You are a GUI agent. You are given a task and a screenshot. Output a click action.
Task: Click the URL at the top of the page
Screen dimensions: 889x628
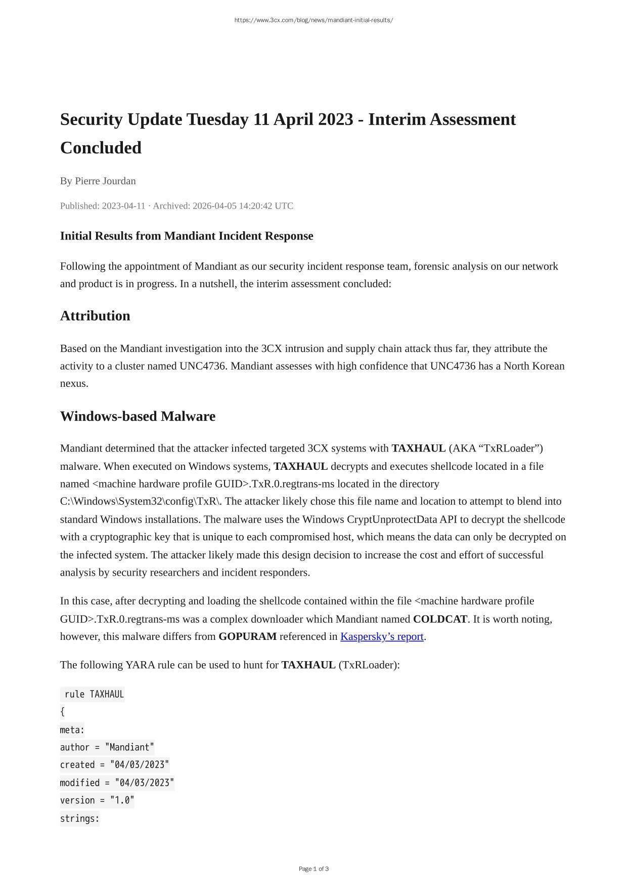313,20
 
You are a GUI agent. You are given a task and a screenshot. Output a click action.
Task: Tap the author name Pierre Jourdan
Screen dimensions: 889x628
105,181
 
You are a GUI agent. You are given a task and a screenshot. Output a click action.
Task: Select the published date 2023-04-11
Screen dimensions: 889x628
123,206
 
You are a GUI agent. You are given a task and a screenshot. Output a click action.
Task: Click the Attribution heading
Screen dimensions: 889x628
95,316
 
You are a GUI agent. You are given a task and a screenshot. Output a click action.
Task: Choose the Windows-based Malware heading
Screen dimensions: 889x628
138,416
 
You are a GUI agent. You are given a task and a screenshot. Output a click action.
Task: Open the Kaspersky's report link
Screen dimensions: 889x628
382,636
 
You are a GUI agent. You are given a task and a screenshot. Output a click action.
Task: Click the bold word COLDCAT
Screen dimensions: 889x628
440,619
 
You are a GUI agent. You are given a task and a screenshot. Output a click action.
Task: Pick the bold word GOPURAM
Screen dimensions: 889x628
247,636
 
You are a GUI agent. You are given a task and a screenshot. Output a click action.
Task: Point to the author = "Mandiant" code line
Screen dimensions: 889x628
107,747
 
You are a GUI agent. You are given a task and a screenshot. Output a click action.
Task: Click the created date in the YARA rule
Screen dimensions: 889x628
140,765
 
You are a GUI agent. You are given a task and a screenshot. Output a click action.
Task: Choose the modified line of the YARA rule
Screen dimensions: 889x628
117,783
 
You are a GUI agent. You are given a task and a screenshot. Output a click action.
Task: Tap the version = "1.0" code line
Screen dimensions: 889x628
97,800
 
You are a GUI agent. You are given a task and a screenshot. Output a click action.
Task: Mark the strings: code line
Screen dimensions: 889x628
80,818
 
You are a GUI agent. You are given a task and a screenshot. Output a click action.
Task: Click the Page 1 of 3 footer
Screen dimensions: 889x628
313,869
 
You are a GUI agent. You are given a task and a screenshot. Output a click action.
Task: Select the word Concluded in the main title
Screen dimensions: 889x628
101,148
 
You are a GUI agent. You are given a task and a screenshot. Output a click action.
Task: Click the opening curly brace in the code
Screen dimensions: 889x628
63,712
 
